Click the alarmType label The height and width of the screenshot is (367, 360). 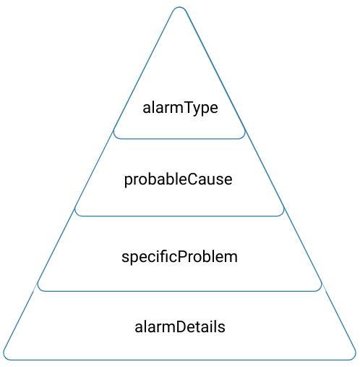(x=180, y=108)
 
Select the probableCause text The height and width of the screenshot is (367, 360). (x=179, y=179)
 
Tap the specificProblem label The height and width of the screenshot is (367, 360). (x=179, y=256)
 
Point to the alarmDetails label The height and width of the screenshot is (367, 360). (x=180, y=326)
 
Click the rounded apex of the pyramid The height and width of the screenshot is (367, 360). (x=179, y=9)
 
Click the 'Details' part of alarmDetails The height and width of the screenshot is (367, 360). (x=202, y=326)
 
